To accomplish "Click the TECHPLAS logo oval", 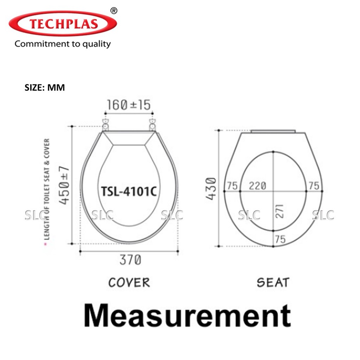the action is pyautogui.click(x=63, y=24).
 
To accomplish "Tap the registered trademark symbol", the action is pyautogui.click(x=114, y=11).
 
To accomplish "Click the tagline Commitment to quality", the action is pyautogui.click(x=63, y=44).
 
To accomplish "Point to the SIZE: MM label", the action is pyautogui.click(x=45, y=88).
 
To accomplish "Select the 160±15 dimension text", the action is pyautogui.click(x=129, y=105).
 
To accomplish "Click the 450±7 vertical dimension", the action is pyautogui.click(x=64, y=185).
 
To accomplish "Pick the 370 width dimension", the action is pyautogui.click(x=130, y=260).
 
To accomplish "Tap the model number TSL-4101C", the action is pyautogui.click(x=129, y=191).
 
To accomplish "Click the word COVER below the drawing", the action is pyautogui.click(x=129, y=282).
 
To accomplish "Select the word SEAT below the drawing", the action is pyautogui.click(x=273, y=282).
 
